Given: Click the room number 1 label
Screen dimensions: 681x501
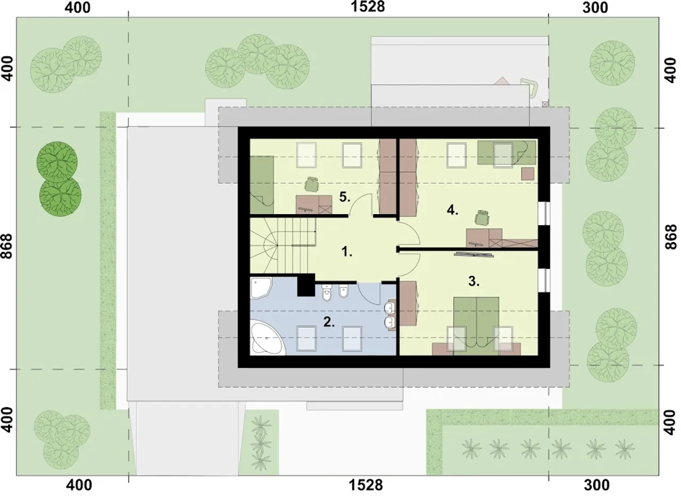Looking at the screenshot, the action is [346, 252].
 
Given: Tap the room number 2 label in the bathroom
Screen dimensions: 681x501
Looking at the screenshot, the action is [329, 322].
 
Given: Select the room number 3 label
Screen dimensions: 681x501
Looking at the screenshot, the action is [474, 281].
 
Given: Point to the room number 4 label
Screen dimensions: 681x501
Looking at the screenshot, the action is [452, 210].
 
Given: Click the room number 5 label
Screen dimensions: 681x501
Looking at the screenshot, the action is [345, 197].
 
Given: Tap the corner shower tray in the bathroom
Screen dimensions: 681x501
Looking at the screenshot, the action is [260, 287].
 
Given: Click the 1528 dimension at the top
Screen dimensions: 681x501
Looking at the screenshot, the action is [368, 7].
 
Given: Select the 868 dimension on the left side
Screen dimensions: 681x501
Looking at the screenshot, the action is [7, 246].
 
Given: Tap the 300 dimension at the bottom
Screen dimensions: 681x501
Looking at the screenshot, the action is [596, 485].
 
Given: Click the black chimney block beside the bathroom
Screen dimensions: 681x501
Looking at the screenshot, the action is [306, 285].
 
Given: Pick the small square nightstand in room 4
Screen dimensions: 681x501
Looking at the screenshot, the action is [528, 174].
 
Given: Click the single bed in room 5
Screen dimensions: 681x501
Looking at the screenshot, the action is [261, 185].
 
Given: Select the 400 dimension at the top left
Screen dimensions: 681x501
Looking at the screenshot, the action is [78, 7].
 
